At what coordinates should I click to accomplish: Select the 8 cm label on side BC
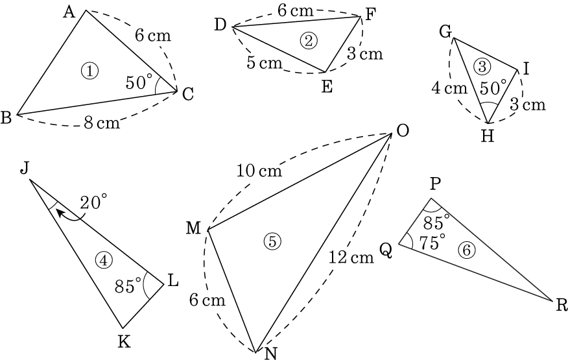pyautogui.click(x=102, y=123)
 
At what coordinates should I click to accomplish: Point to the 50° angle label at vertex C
pyautogui.click(x=139, y=82)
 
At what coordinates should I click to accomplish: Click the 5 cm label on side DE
pyautogui.click(x=264, y=63)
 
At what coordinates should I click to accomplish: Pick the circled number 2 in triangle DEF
pyautogui.click(x=308, y=40)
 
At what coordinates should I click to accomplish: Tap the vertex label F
pyautogui.click(x=371, y=14)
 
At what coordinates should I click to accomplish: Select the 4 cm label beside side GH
pyautogui.click(x=449, y=88)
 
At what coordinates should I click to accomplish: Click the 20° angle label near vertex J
pyautogui.click(x=91, y=202)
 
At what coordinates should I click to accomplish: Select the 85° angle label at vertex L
pyautogui.click(x=128, y=285)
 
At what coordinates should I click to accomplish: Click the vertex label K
pyautogui.click(x=123, y=341)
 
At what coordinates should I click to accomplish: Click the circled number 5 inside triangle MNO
pyautogui.click(x=272, y=241)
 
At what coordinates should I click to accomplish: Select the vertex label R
pyautogui.click(x=562, y=306)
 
